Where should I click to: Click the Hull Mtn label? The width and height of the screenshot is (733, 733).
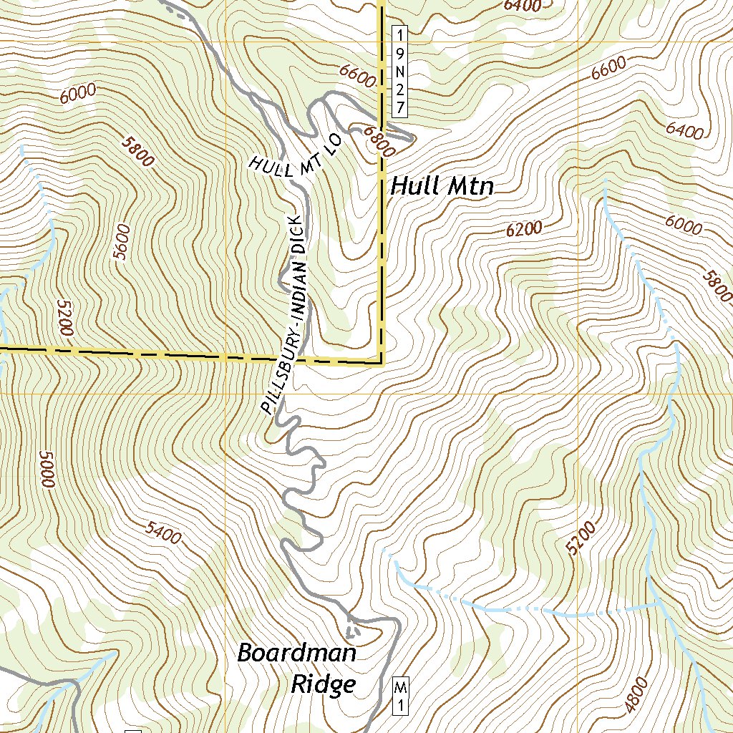(x=442, y=188)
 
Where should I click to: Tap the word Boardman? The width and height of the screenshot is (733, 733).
(x=296, y=653)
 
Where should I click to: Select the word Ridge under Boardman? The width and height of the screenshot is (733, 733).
(x=323, y=684)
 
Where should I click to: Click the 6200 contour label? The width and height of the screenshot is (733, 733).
(x=524, y=229)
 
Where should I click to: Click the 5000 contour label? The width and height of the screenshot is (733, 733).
(x=47, y=470)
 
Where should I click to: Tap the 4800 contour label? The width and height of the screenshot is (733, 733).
(x=636, y=694)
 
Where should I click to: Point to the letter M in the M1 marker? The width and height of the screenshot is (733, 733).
(x=401, y=689)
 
